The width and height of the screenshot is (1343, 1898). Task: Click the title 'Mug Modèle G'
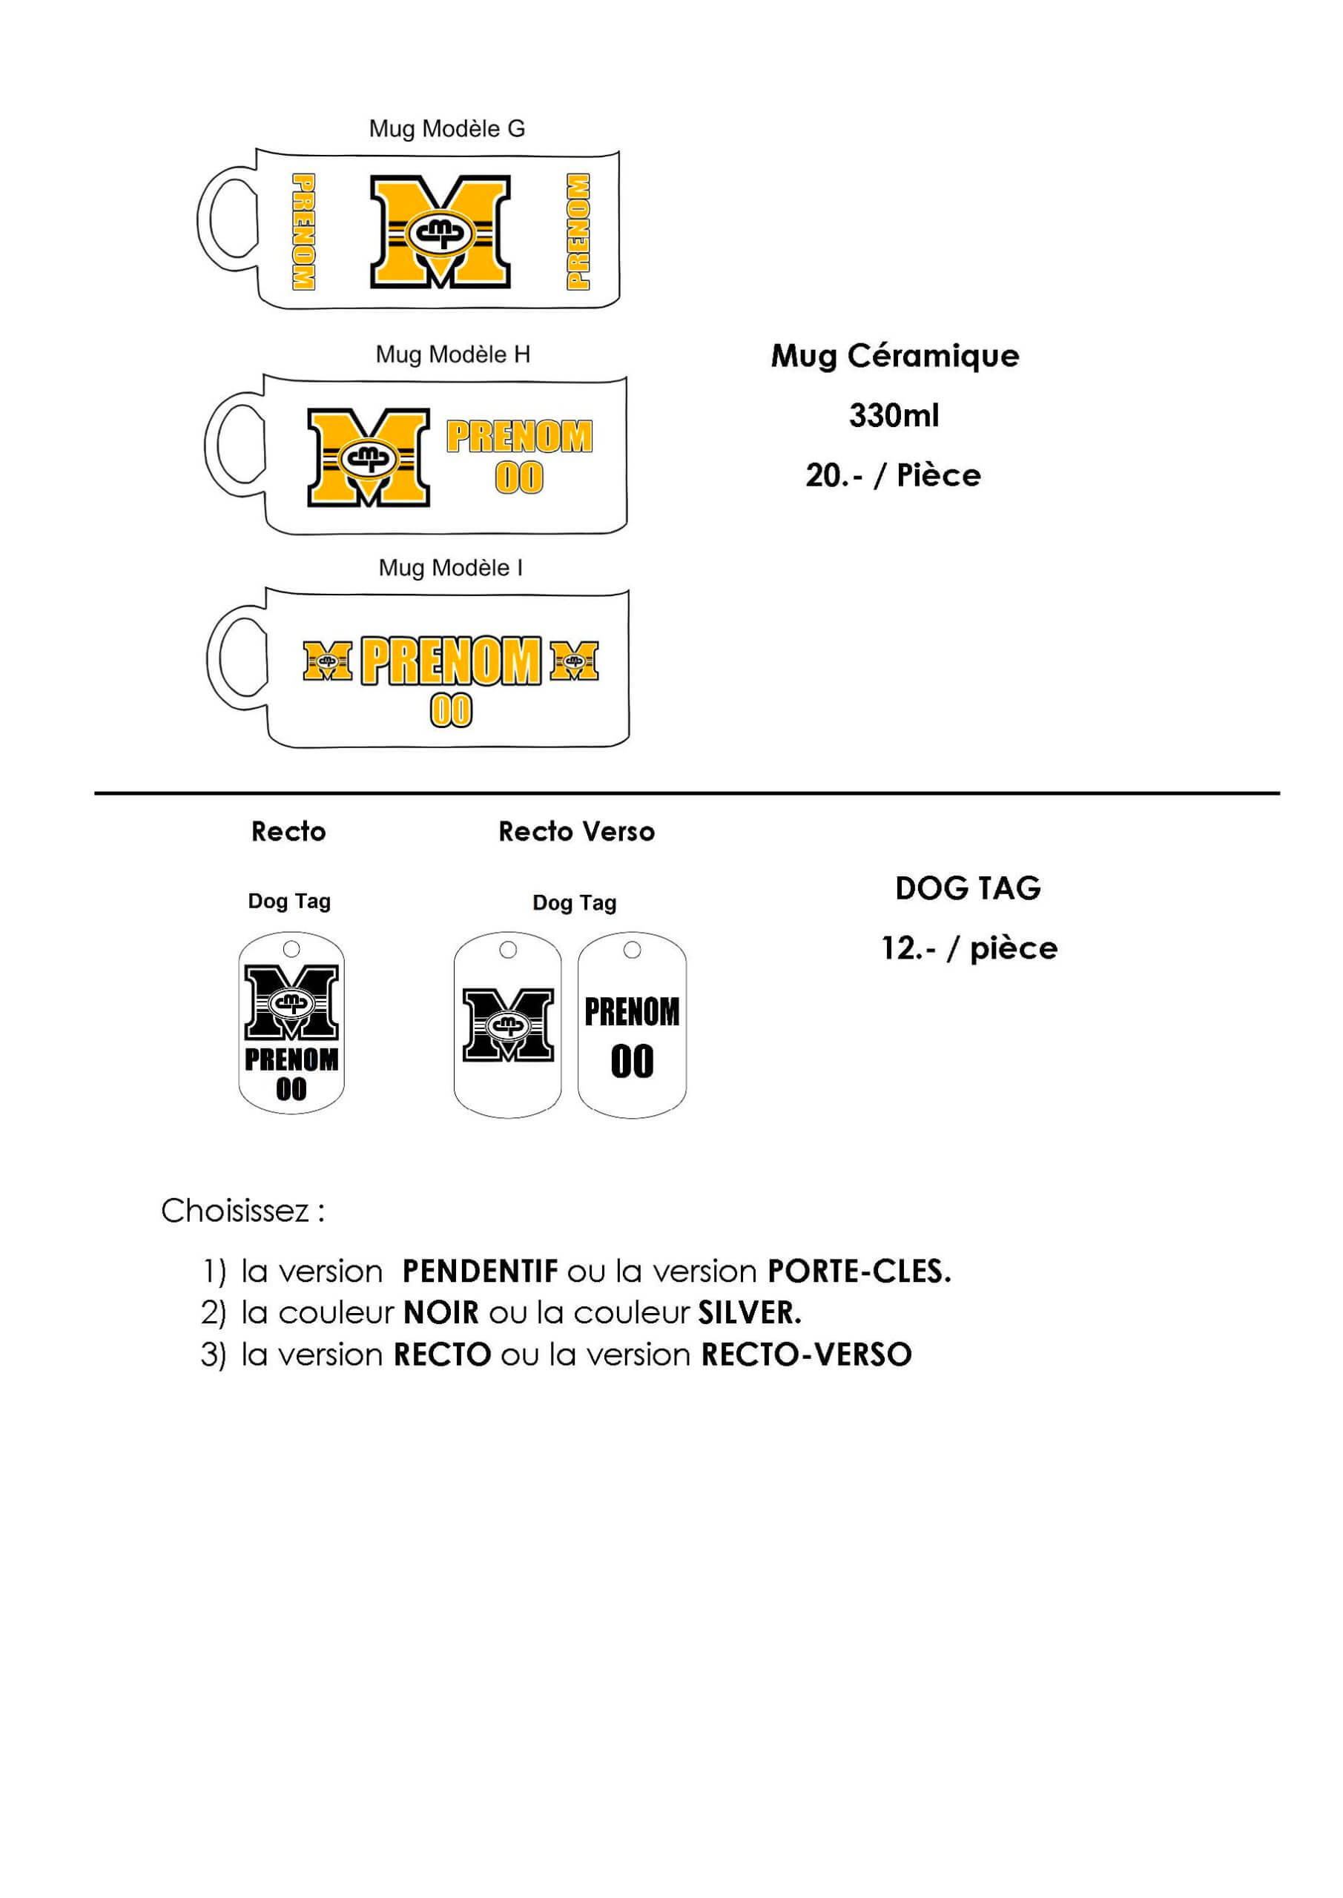tap(446, 129)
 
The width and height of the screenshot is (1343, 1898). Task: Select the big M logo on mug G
tap(440, 231)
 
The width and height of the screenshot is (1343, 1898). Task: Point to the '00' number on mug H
tap(519, 477)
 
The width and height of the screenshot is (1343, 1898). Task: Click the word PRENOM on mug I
tap(452, 661)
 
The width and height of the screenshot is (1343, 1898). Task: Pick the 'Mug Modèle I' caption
tap(451, 568)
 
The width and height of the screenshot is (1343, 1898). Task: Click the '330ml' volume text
tap(894, 415)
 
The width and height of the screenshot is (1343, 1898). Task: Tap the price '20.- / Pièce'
tap(893, 475)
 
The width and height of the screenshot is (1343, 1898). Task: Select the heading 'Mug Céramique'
tap(895, 357)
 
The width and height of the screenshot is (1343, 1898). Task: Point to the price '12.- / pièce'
tap(969, 948)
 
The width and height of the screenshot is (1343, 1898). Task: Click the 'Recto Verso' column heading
tap(576, 832)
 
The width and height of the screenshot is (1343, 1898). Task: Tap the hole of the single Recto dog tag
tap(291, 948)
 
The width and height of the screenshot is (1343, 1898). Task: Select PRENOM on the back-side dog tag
tap(632, 1012)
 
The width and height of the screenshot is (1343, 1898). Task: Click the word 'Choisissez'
tap(235, 1211)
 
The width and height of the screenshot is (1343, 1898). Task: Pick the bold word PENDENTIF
tap(480, 1272)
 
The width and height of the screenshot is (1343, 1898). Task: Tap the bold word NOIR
tap(440, 1313)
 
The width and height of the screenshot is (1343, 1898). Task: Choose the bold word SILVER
tap(748, 1313)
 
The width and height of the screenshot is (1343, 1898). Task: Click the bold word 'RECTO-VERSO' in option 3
tap(806, 1355)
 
